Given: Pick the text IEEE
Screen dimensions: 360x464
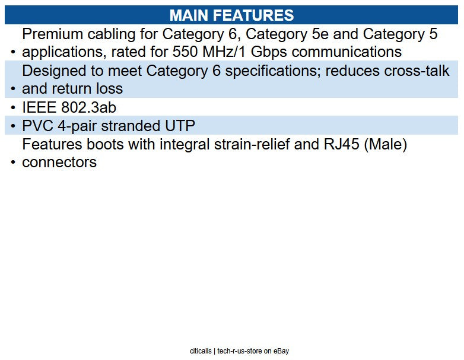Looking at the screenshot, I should coord(39,107).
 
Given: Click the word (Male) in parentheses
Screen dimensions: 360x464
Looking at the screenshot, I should coord(386,144).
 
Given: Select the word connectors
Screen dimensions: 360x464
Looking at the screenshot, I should coord(59,163).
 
